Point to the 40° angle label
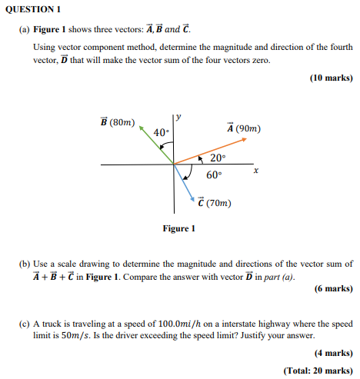click(x=161, y=133)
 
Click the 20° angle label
click(x=218, y=158)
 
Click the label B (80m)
click(x=117, y=121)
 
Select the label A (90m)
click(x=244, y=128)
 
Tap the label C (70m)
click(x=215, y=203)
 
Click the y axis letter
click(x=178, y=118)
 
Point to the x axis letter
click(x=256, y=171)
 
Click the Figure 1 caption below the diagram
click(x=179, y=228)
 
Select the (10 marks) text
click(x=331, y=78)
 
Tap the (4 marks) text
click(x=333, y=353)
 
